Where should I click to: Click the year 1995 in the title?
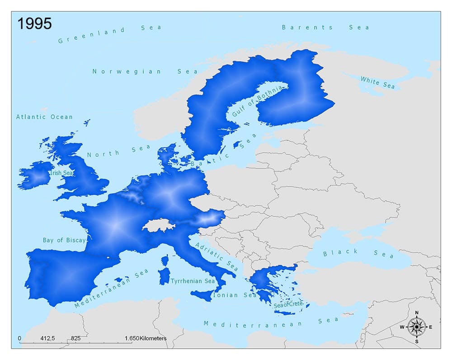[34, 23]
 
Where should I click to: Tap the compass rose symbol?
[416, 327]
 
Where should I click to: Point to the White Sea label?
[377, 83]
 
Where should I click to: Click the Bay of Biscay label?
[64, 240]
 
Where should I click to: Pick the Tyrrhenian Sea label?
[193, 281]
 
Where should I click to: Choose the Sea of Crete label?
[287, 305]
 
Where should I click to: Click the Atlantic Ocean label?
[44, 117]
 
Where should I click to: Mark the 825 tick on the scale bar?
[75, 338]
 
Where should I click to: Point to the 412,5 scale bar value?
[47, 338]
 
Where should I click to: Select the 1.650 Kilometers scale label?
[146, 338]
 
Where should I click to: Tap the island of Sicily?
[202, 295]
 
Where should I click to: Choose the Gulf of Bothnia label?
[256, 101]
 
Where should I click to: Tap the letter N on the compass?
[417, 313]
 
